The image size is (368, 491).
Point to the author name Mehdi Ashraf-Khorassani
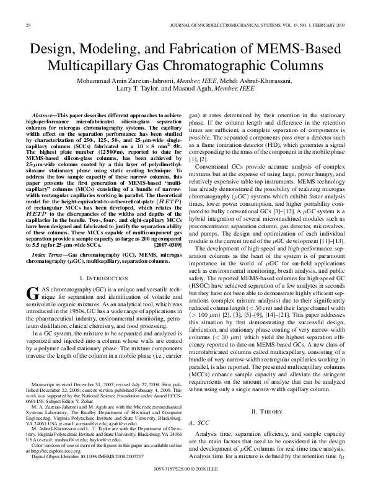click(x=237, y=81)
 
